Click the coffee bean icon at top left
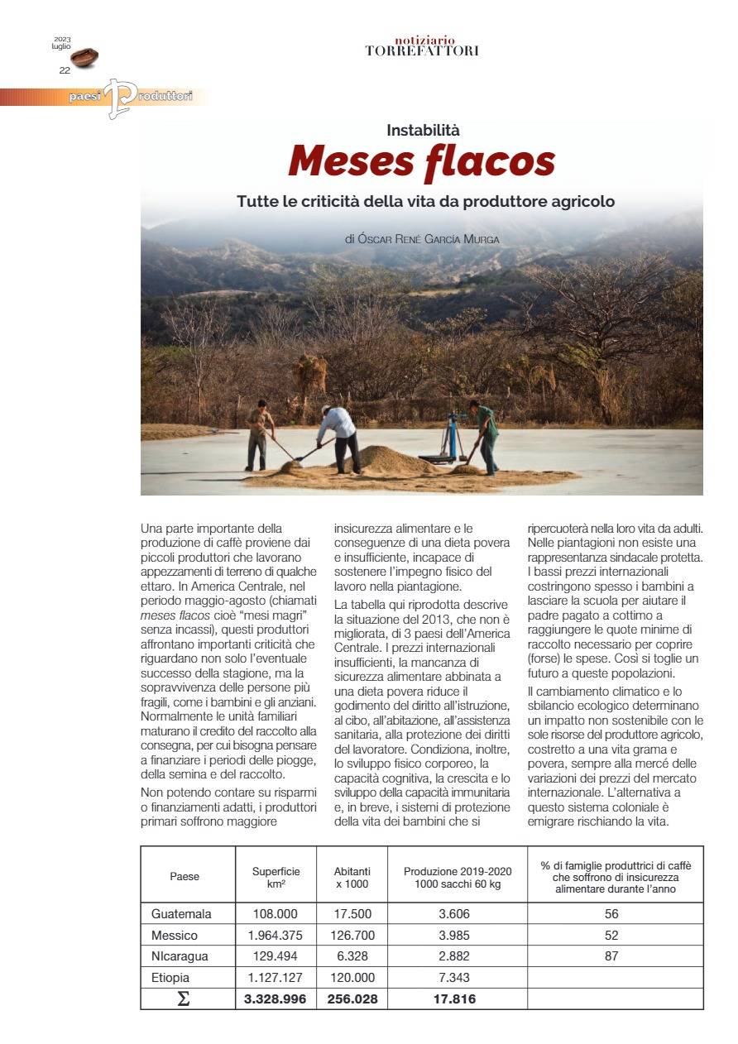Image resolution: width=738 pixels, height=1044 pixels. (84, 57)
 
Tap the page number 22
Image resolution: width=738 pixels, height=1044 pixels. (65, 70)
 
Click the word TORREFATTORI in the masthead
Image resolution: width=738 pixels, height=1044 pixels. (422, 51)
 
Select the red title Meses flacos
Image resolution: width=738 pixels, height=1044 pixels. (421, 160)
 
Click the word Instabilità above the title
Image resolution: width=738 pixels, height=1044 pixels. (423, 130)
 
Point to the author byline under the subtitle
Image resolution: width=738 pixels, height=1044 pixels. (423, 239)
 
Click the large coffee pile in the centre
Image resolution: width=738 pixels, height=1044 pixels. (397, 461)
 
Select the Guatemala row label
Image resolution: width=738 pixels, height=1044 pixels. (181, 914)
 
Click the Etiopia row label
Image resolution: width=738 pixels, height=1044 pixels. (171, 978)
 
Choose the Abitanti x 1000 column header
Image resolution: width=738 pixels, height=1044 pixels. (352, 877)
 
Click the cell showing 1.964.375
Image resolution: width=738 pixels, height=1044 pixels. (276, 936)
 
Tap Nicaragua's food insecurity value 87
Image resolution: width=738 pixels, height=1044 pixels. (611, 956)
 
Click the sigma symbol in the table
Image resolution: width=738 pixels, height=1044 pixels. (184, 999)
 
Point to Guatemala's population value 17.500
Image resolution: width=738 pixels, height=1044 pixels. (352, 914)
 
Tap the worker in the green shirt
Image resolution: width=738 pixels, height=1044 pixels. (486, 434)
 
